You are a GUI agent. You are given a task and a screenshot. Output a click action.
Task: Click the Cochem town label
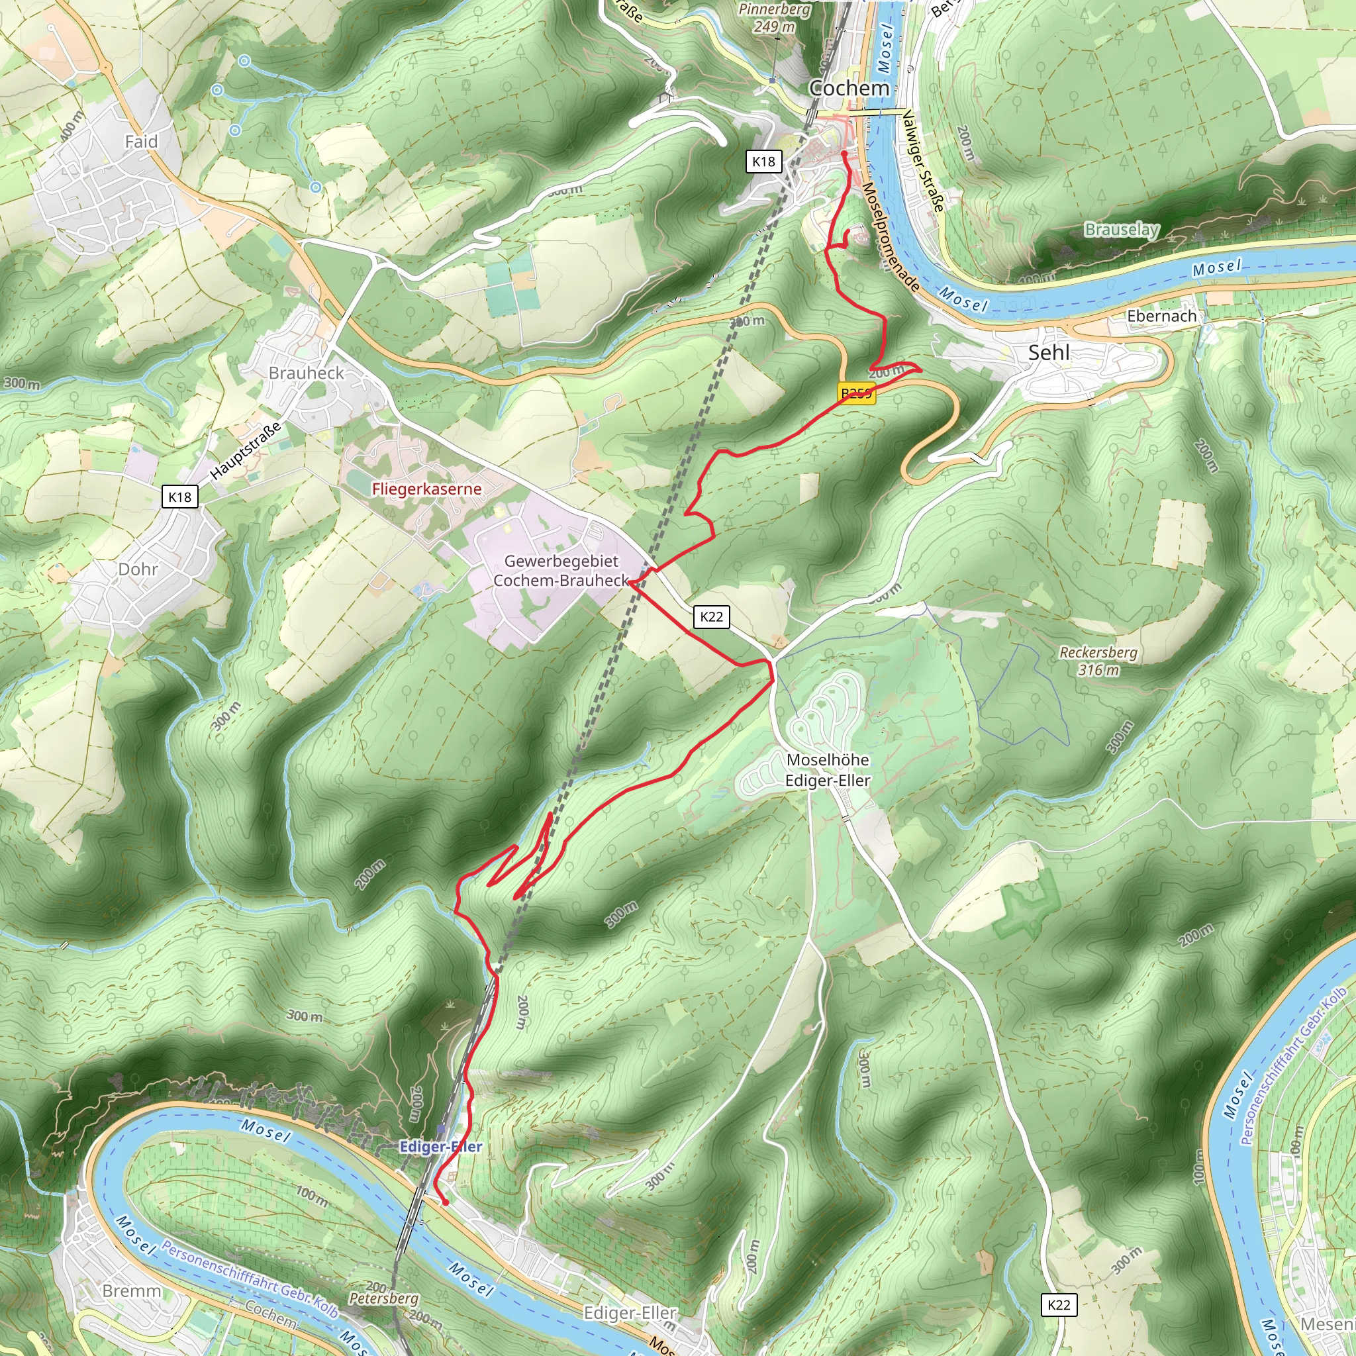coord(849,89)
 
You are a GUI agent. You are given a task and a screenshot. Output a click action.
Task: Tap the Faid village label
coord(141,142)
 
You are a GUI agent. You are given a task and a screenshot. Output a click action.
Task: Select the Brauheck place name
coord(306,373)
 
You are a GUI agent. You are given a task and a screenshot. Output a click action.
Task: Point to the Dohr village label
coord(138,569)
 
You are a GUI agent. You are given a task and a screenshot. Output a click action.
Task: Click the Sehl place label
coord(1049,352)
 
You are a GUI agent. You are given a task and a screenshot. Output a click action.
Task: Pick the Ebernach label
coord(1161,316)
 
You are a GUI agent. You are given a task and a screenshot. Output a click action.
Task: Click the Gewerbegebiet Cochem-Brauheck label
coord(561,571)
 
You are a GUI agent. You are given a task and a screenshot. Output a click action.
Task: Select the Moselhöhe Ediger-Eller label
coord(828,770)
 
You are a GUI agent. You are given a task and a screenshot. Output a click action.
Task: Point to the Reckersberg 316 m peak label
coord(1098,660)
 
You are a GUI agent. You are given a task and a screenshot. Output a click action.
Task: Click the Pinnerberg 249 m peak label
coord(774,18)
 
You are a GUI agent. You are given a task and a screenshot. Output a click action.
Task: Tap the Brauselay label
coord(1122,230)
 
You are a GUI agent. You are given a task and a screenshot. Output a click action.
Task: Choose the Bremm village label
coord(131,1290)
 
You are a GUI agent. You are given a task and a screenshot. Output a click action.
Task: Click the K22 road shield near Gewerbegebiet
coord(711,617)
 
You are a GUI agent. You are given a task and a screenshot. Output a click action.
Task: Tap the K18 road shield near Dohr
coord(179,497)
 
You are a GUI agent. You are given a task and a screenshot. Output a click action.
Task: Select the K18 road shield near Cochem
coord(763,162)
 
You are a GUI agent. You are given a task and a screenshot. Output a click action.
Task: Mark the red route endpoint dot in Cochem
coord(844,154)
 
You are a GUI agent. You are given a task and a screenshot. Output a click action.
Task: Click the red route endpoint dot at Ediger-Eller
coord(445,1202)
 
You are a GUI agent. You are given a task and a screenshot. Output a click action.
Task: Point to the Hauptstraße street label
coord(246,451)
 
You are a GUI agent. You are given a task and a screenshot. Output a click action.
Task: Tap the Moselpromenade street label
coord(890,237)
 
